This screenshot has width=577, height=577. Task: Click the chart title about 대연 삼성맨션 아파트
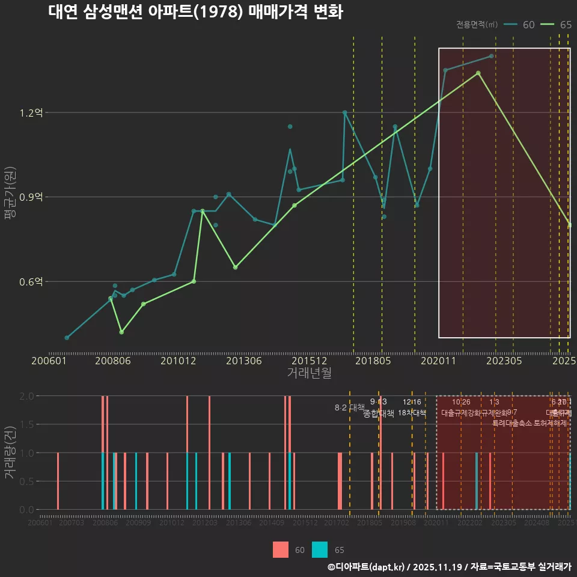click(195, 13)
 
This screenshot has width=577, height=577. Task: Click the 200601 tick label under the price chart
click(49, 361)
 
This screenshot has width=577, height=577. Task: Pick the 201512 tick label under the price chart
click(310, 361)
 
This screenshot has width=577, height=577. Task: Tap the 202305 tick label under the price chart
click(504, 361)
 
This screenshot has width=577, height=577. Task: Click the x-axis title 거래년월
click(309, 373)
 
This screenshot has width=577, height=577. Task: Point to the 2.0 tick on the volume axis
click(26, 396)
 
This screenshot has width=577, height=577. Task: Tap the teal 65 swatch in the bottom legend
click(320, 549)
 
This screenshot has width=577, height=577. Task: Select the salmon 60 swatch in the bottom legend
click(281, 549)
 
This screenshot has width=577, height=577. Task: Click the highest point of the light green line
click(478, 73)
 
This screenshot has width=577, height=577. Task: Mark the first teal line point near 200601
click(67, 338)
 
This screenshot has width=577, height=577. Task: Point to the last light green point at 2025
click(569, 225)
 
